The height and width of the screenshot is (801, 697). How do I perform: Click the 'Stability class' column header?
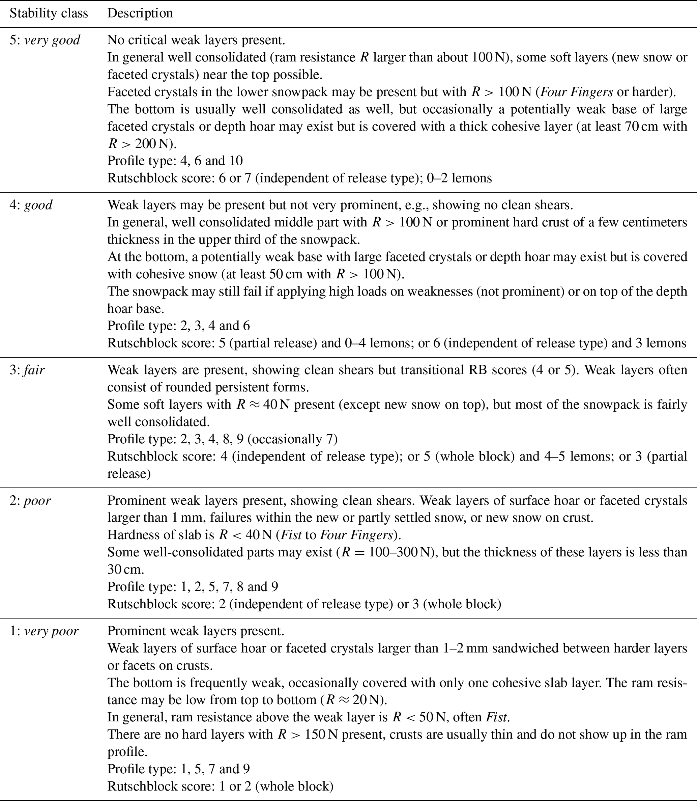click(x=49, y=13)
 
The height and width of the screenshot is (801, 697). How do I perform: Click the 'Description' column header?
click(x=140, y=13)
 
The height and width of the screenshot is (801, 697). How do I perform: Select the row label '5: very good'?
click(x=45, y=40)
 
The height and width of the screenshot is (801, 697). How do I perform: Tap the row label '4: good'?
click(x=31, y=205)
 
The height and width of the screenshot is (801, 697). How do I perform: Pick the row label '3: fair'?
click(x=27, y=370)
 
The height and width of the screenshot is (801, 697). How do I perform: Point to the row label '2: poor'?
click(x=30, y=500)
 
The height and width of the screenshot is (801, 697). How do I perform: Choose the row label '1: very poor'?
click(x=44, y=631)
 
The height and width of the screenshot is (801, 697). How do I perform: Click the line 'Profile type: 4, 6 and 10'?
click(x=175, y=161)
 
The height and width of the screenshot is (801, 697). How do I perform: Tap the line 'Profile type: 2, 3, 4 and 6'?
click(x=178, y=326)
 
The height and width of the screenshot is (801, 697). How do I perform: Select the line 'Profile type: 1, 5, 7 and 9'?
click(x=178, y=769)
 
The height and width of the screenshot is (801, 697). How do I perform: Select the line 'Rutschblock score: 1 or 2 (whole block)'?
click(x=220, y=786)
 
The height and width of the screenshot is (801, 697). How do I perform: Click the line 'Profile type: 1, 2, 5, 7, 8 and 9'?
click(x=193, y=586)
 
